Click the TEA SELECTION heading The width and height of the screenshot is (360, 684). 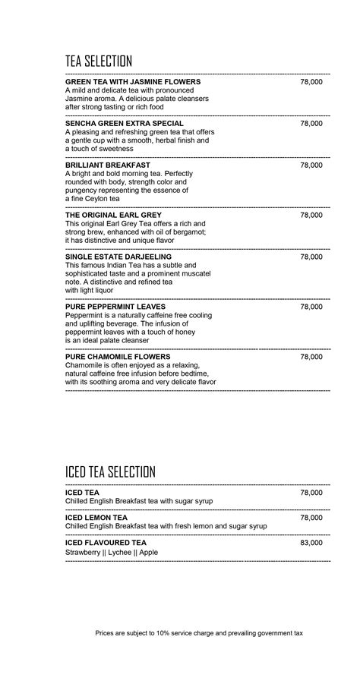(x=99, y=61)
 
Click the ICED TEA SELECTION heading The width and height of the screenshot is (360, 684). (x=110, y=471)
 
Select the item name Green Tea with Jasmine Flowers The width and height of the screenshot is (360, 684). (x=133, y=81)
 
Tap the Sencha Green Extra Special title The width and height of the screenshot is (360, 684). (x=125, y=123)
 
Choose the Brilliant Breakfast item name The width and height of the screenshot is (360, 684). (x=108, y=165)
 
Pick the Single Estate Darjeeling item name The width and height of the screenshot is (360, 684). (x=118, y=257)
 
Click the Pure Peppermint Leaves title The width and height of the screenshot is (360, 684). (x=115, y=307)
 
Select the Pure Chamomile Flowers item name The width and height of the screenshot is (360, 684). (x=118, y=357)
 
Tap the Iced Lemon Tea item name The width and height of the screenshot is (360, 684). (x=96, y=518)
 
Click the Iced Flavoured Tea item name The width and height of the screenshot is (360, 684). (x=106, y=543)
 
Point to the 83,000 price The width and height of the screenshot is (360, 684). (x=311, y=543)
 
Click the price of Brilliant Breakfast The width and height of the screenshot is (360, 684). (x=311, y=165)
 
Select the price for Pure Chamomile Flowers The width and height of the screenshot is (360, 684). (x=311, y=357)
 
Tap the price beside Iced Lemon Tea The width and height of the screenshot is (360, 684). (x=311, y=518)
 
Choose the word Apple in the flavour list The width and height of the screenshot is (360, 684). (x=149, y=553)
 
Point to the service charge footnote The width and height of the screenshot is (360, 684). (x=199, y=632)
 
